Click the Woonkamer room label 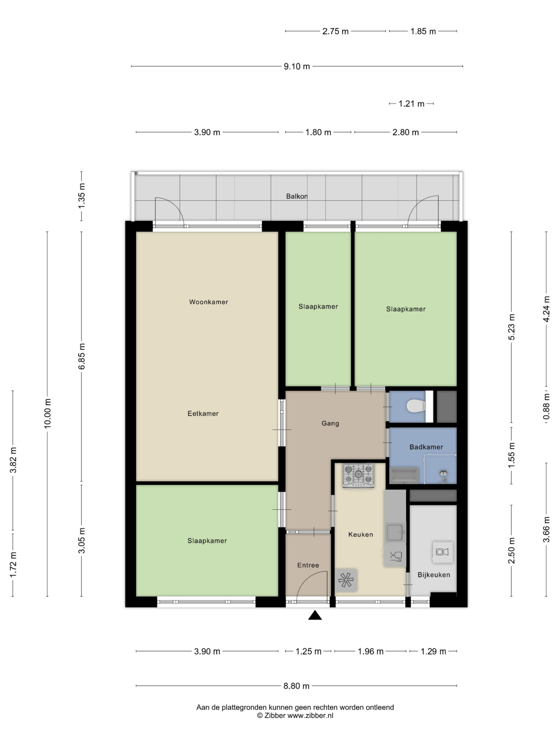pos(208,302)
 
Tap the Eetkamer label pos(203,414)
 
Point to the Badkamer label pos(426,447)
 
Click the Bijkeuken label pos(434,575)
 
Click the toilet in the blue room pos(416,406)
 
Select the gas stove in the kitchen pos(358,476)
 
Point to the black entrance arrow pos(315,615)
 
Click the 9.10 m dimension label pos(296,66)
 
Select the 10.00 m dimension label pos(47,414)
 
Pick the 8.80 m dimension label pos(296,686)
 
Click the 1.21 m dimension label pos(411,104)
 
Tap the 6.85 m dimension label pos(82,356)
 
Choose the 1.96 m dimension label pos(370,651)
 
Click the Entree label pos(308,565)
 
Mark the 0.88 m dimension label pos(546,407)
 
